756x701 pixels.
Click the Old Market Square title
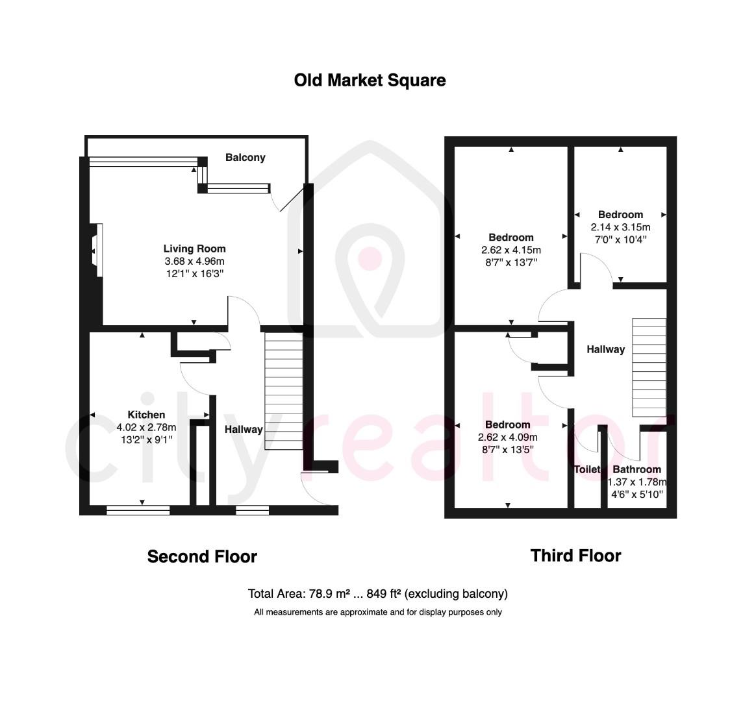[370, 80]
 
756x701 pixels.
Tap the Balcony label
[245, 157]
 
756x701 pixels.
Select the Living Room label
[194, 249]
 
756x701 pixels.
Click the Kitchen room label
[146, 415]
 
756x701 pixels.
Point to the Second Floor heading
[202, 556]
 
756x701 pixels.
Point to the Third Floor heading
[575, 556]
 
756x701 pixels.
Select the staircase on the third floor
[649, 367]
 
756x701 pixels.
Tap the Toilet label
[586, 469]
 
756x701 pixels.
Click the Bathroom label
[636, 469]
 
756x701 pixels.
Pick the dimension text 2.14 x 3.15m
[620, 227]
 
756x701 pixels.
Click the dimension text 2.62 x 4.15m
[511, 250]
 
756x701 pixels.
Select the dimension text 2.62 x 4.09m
[507, 437]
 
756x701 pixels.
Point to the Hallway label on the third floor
[605, 349]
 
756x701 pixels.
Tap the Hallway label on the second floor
[244, 429]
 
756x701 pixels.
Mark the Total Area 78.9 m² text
[377, 593]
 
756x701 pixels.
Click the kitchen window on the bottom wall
[138, 511]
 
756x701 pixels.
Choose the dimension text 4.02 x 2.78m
[146, 427]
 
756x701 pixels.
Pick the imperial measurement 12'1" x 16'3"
[194, 274]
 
